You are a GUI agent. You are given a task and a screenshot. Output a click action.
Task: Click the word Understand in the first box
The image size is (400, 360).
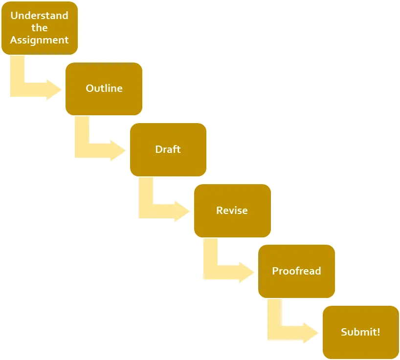pyautogui.click(x=39, y=16)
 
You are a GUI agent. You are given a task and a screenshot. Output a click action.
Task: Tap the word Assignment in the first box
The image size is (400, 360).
pyautogui.click(x=39, y=40)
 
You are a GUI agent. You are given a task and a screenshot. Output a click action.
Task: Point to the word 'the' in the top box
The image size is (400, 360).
pyautogui.click(x=39, y=27)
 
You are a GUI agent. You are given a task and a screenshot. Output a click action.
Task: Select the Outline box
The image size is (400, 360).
pyautogui.click(x=104, y=89)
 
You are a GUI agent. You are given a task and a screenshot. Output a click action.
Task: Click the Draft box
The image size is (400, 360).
pyautogui.click(x=168, y=149)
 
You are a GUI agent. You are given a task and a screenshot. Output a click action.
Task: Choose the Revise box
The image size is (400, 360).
pyautogui.click(x=232, y=211)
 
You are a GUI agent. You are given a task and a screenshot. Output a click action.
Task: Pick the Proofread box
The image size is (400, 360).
pyautogui.click(x=296, y=271)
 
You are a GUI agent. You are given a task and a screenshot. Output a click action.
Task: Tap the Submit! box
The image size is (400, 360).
pyautogui.click(x=361, y=332)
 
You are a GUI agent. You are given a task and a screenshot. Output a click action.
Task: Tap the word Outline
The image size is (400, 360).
pyautogui.click(x=104, y=88)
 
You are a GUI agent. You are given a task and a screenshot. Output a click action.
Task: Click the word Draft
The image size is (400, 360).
pyautogui.click(x=168, y=149)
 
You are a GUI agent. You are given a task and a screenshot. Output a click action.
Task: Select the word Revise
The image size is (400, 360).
pyautogui.click(x=232, y=211)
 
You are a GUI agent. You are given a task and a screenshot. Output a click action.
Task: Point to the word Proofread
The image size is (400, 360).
pyautogui.click(x=296, y=271)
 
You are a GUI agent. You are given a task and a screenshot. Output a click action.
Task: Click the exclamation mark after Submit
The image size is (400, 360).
pyautogui.click(x=378, y=332)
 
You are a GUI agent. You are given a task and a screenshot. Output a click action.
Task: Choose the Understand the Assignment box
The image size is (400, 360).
pyautogui.click(x=40, y=28)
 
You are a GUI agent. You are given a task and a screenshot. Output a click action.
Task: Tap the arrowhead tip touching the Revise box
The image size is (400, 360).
pyautogui.click(x=190, y=211)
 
